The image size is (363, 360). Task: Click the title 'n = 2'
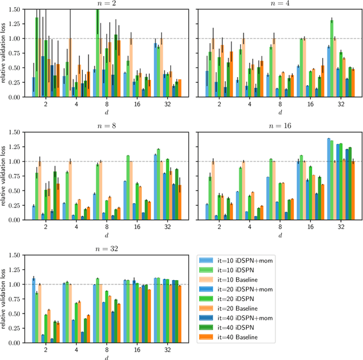pyautogui.click(x=102, y=4)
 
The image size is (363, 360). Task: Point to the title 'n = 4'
pyautogui.click(x=278, y=4)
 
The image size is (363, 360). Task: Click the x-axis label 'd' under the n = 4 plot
pyautogui.click(x=278, y=112)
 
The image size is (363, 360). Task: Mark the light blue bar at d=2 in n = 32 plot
pyautogui.click(x=33, y=310)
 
